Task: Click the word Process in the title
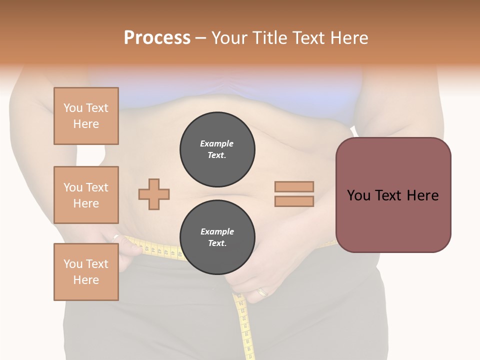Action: pyautogui.click(x=157, y=37)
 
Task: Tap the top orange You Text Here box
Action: pyautogui.click(x=86, y=116)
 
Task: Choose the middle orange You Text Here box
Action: pyautogui.click(x=86, y=195)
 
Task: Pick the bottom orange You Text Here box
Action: pyautogui.click(x=86, y=272)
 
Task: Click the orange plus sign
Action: pyautogui.click(x=154, y=194)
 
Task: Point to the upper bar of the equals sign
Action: pyautogui.click(x=294, y=186)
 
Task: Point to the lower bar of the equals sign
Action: pyautogui.click(x=294, y=201)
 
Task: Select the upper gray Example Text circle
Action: pyautogui.click(x=217, y=149)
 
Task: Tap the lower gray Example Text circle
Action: pyautogui.click(x=217, y=237)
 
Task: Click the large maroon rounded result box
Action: pyautogui.click(x=393, y=195)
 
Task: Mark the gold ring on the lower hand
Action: pyautogui.click(x=262, y=292)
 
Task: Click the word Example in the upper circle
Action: pyautogui.click(x=217, y=143)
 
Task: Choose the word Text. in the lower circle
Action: pyautogui.click(x=217, y=243)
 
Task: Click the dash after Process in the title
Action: pyautogui.click(x=200, y=38)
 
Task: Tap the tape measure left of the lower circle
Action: pyautogui.click(x=160, y=250)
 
